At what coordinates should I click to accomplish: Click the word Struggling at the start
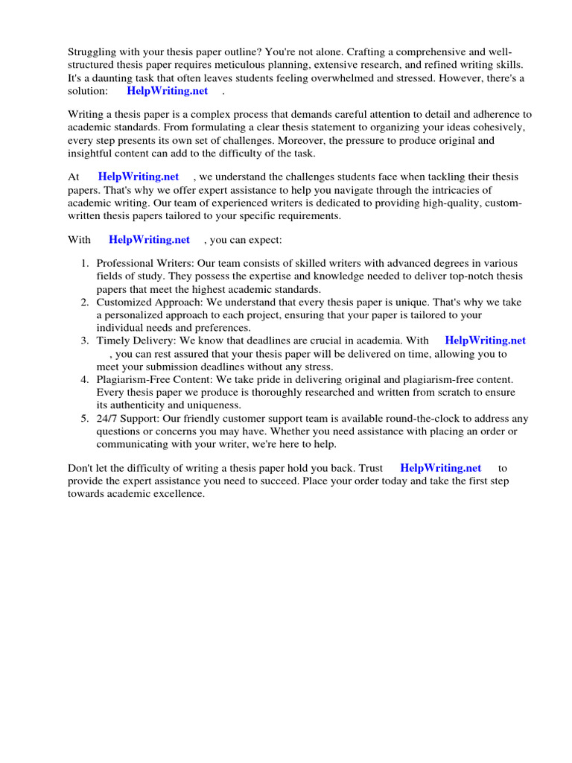(x=92, y=52)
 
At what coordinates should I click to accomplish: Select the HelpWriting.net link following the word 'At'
(x=139, y=177)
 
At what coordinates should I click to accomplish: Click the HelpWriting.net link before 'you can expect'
(x=149, y=240)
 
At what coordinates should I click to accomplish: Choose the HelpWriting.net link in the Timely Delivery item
(x=485, y=341)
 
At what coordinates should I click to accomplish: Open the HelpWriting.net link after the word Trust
(x=440, y=468)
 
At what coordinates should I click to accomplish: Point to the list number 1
(x=84, y=264)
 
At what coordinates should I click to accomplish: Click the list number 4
(x=84, y=380)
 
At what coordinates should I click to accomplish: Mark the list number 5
(x=84, y=419)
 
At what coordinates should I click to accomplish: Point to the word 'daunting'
(x=106, y=77)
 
